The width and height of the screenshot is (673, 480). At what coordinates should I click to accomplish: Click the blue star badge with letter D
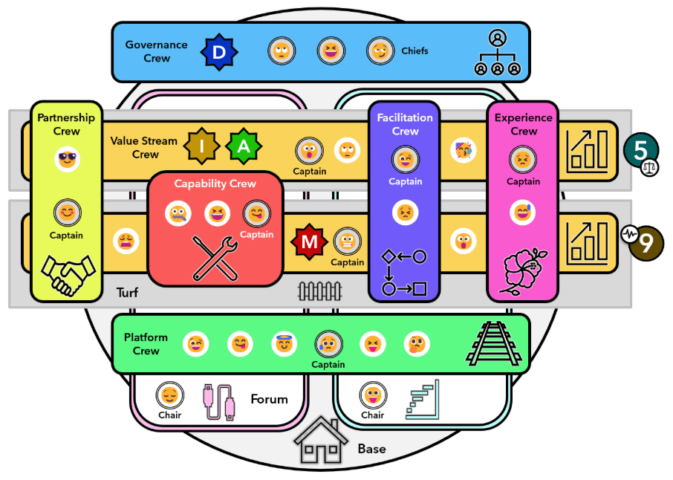[x=219, y=51]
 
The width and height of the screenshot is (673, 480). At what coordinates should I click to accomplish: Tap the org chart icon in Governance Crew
[x=497, y=53]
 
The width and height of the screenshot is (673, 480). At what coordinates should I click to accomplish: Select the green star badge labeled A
[x=243, y=146]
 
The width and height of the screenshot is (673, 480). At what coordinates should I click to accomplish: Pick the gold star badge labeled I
[x=201, y=146]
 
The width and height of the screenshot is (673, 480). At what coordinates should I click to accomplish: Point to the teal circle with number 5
[x=640, y=149]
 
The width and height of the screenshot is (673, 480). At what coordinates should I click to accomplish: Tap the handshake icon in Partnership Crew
[x=67, y=273]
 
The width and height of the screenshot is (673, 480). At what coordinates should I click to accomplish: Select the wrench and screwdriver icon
[x=215, y=256]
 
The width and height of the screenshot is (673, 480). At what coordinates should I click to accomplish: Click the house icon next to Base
[x=321, y=444]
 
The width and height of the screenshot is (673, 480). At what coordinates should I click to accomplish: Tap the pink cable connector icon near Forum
[x=219, y=402]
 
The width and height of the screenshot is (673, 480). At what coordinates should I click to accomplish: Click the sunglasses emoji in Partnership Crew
[x=68, y=158]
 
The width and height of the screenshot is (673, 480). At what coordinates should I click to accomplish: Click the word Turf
[x=127, y=293]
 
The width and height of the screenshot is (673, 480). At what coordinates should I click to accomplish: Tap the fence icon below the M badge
[x=319, y=291]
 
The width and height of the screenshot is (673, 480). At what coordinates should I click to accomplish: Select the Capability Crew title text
[x=215, y=184]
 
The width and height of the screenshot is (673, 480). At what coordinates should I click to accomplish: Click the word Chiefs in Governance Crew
[x=414, y=51]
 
